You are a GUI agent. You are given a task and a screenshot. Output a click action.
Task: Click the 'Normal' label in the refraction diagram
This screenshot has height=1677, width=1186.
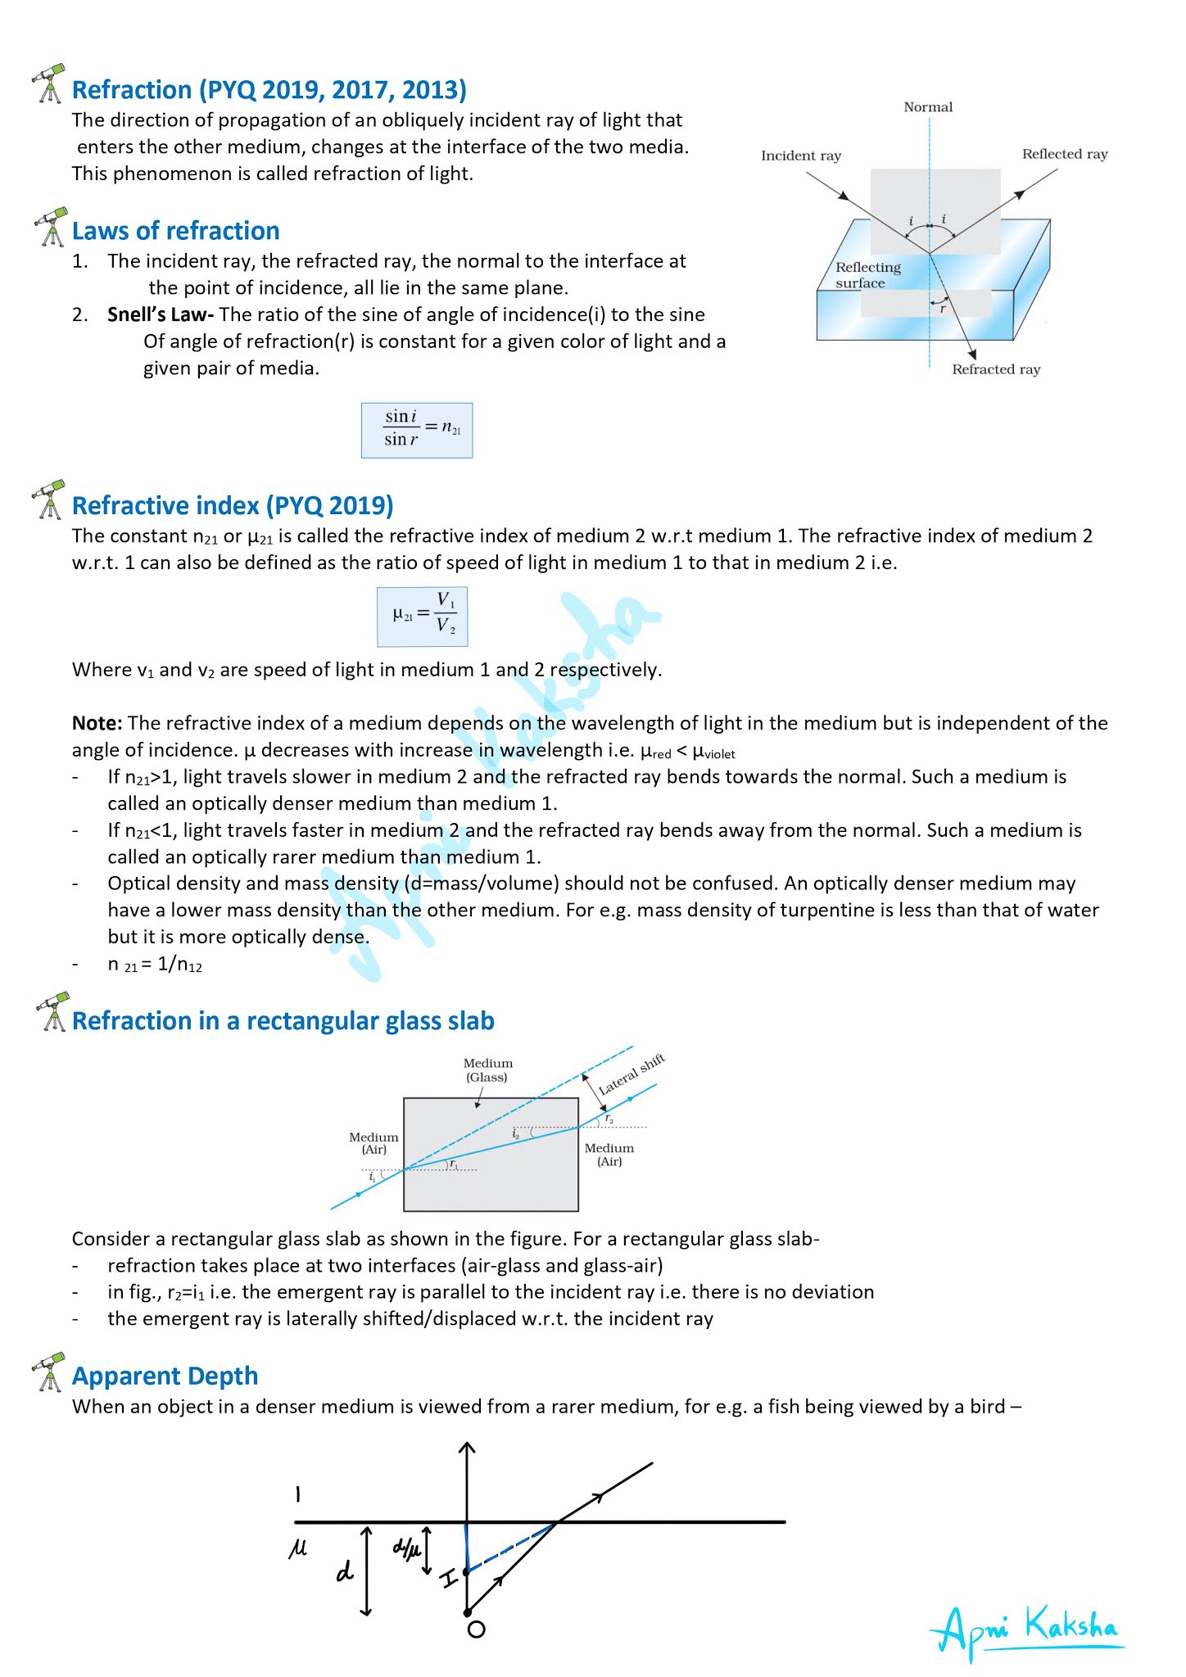coord(928,107)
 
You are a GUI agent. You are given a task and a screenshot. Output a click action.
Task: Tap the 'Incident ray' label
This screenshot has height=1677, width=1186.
coord(800,156)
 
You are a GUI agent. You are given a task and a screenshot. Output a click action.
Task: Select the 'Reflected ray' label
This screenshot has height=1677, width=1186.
coord(1064,154)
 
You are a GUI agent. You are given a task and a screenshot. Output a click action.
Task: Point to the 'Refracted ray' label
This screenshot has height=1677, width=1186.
coord(995,369)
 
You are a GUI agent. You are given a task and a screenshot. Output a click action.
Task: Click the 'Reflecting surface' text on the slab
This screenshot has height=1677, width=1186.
coord(867,275)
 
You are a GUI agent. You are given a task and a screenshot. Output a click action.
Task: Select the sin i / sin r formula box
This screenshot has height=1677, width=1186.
coord(417,430)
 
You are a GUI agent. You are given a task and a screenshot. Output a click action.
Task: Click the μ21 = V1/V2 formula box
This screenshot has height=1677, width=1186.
coord(422,617)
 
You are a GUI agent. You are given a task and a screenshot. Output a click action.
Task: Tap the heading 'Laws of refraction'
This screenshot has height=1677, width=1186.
coord(175,231)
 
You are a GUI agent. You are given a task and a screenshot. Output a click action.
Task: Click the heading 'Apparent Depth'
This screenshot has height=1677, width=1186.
coord(165,1376)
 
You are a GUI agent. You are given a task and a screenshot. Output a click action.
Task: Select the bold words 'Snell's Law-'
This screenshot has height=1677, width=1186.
coord(161,315)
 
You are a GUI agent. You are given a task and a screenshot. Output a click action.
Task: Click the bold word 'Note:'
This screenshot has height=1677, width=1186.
coord(97,723)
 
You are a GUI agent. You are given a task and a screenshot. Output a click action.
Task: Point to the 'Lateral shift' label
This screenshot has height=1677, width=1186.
coord(631,1075)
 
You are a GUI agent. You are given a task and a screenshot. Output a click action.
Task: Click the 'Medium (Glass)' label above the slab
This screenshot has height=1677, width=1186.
coord(487,1070)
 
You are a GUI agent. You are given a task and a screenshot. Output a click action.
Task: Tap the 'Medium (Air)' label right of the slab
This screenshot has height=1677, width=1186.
coord(609,1155)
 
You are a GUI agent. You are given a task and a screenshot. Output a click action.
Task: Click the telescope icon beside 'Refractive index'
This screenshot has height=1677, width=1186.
coord(50,499)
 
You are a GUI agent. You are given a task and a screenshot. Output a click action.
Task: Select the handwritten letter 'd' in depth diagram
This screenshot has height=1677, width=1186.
coord(345,1571)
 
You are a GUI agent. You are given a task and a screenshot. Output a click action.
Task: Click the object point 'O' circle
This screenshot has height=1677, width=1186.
coord(476,1629)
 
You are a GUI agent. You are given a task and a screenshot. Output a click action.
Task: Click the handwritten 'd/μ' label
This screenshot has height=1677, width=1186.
coord(405,1548)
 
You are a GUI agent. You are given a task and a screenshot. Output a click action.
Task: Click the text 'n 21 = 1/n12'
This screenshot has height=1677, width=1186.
coord(155,965)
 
